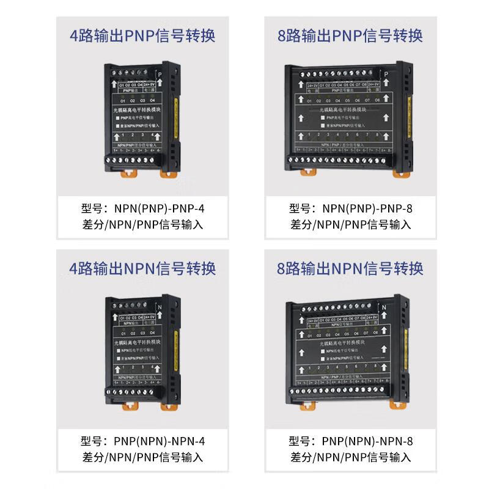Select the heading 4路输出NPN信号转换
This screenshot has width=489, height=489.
[142, 268]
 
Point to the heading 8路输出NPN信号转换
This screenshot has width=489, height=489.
[350, 268]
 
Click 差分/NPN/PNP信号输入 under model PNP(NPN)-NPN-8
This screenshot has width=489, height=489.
[350, 457]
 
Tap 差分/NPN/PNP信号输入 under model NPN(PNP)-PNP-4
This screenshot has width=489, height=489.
[142, 224]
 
